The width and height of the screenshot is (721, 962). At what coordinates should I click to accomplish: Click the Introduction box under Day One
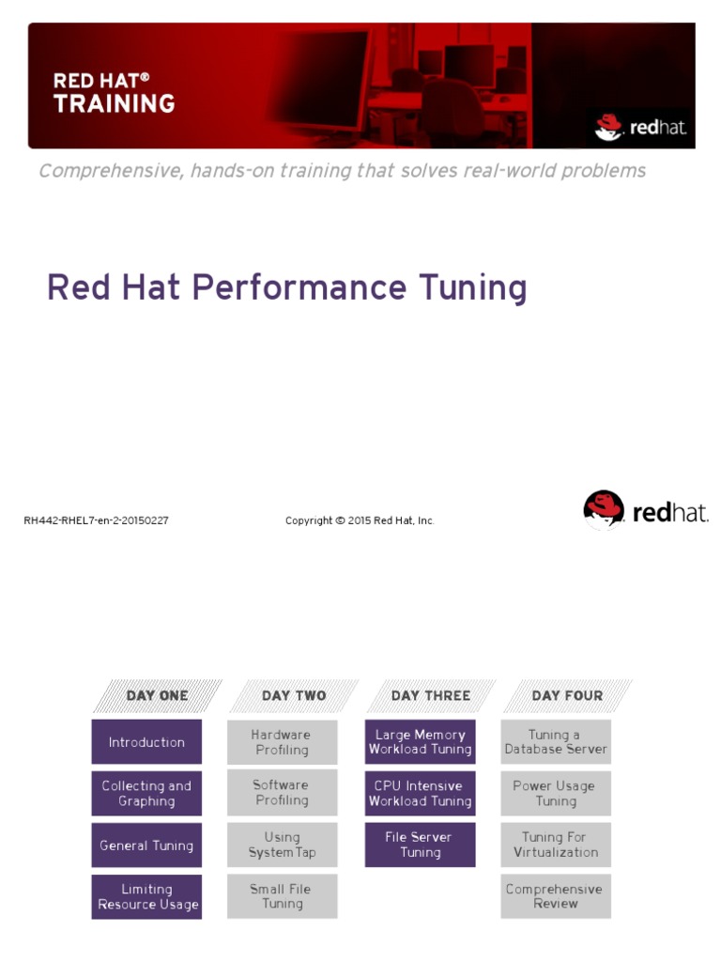click(x=146, y=742)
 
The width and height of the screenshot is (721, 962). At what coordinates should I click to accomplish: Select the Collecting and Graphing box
click(x=146, y=794)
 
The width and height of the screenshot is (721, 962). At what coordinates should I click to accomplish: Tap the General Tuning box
click(x=146, y=846)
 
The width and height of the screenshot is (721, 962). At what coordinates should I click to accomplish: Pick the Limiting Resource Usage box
click(x=146, y=897)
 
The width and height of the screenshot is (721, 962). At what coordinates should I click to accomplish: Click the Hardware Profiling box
click(x=282, y=742)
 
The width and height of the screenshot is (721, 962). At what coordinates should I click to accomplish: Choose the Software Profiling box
click(x=282, y=793)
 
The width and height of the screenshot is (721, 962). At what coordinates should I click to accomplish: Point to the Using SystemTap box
click(x=282, y=845)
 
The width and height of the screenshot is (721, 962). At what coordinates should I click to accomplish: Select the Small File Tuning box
click(x=282, y=896)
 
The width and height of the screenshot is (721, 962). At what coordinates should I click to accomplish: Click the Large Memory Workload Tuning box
click(x=420, y=742)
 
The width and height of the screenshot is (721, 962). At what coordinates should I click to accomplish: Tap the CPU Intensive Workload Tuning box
click(x=420, y=794)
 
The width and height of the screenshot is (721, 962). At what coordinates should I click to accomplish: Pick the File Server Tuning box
click(x=420, y=845)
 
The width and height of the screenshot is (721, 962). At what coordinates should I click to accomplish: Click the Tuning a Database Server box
click(x=556, y=742)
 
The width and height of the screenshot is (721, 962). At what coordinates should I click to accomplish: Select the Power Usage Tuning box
click(x=556, y=794)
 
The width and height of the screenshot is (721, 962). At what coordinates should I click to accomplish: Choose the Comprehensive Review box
click(x=556, y=896)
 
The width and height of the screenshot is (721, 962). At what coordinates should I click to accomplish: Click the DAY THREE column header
click(x=430, y=696)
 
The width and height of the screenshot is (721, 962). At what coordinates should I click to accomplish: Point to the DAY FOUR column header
click(x=566, y=696)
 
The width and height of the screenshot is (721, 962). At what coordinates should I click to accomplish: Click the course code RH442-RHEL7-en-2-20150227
click(x=96, y=520)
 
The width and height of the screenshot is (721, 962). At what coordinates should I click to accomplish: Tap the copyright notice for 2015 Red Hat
click(x=360, y=520)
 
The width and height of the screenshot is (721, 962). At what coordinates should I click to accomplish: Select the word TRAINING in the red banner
click(x=114, y=103)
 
